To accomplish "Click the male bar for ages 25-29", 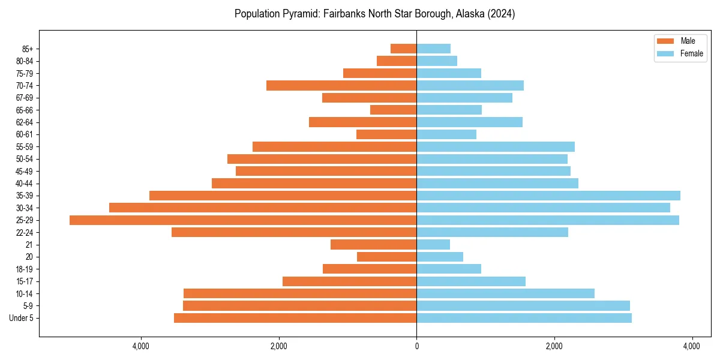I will pyautogui.click(x=243, y=220).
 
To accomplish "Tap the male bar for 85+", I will pyautogui.click(x=403, y=49).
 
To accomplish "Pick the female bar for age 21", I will pyautogui.click(x=433, y=245).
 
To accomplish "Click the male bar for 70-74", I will pyautogui.click(x=341, y=86).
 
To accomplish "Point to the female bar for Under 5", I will pyautogui.click(x=524, y=318).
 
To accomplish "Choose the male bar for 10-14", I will pyautogui.click(x=300, y=293).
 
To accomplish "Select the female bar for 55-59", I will pyautogui.click(x=496, y=147).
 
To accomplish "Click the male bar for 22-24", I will pyautogui.click(x=294, y=232).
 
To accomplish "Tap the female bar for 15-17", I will pyautogui.click(x=471, y=281).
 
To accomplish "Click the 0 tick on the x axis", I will pyautogui.click(x=416, y=347).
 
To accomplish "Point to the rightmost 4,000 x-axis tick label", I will pyautogui.click(x=692, y=347).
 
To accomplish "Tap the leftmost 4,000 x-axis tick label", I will pyautogui.click(x=141, y=347).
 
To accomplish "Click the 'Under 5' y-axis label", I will pyautogui.click(x=21, y=318).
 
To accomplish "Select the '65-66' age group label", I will pyautogui.click(x=25, y=110).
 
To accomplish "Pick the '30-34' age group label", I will pyautogui.click(x=25, y=208).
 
